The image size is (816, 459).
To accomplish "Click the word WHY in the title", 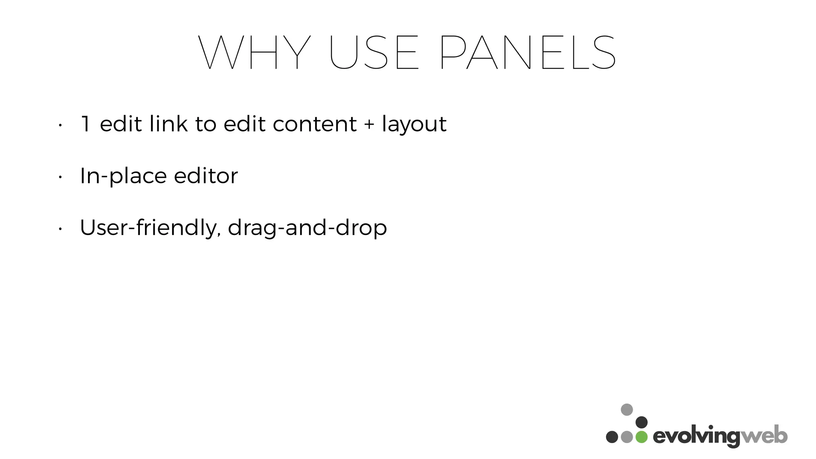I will (254, 53).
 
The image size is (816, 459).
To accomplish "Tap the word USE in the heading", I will (374, 53).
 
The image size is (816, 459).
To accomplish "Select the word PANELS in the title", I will (528, 53).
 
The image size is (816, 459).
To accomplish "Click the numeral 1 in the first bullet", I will (86, 124).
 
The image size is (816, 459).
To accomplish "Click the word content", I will (315, 124).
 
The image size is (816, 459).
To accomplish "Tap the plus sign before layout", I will (369, 124).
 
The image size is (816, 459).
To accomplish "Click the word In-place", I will (123, 176).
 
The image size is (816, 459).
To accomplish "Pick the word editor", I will (206, 176).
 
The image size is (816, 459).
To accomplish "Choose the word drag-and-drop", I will (307, 228).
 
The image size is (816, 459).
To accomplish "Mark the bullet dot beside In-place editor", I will (59, 177).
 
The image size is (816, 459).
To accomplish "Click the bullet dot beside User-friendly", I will (59, 229).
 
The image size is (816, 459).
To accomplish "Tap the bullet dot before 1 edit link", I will (59, 125).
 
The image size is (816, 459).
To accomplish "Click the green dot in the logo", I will (641, 437).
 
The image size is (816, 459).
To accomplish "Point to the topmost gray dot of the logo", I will (627, 410).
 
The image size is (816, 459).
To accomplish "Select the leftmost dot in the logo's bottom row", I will (612, 437).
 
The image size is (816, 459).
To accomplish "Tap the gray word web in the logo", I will (764, 436).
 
